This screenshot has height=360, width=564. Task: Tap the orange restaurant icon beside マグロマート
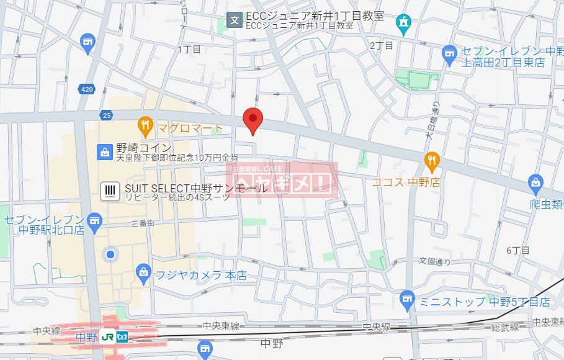click(x=145, y=127)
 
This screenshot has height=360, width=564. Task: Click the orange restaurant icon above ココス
click(x=432, y=162)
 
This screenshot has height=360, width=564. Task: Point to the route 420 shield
click(x=87, y=89)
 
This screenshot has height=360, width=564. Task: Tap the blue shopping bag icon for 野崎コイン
click(x=104, y=150)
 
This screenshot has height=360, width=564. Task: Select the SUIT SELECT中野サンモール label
click(x=196, y=187)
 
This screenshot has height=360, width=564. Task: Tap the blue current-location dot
click(x=110, y=254)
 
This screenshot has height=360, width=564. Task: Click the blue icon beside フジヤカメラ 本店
click(x=144, y=271)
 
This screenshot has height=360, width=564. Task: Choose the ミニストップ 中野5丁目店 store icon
click(x=407, y=300)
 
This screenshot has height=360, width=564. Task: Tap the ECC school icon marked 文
click(x=235, y=20)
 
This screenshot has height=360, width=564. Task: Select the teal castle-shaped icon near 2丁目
click(x=404, y=24)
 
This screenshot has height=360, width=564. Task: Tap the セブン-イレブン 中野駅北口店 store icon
click(x=94, y=220)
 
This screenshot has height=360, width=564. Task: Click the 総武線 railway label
click(x=506, y=327)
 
